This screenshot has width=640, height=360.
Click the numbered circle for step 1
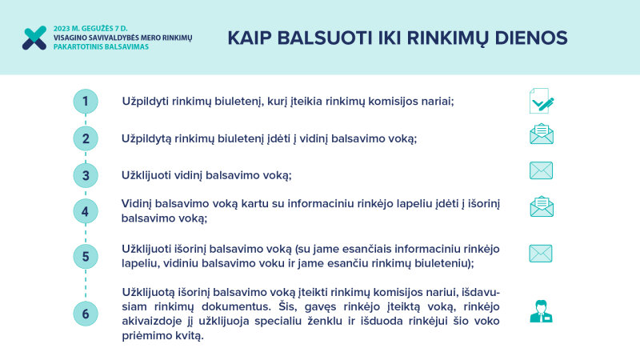tap(86, 102)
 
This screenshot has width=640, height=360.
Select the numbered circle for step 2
tap(86, 138)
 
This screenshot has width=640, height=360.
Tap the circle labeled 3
tap(86, 175)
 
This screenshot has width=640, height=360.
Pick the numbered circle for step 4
tap(86, 212)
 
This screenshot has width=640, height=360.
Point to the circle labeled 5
tap(86, 257)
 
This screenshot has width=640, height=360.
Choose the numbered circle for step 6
tap(86, 314)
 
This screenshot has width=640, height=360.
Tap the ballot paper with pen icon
tap(541, 101)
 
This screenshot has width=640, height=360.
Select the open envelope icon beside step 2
tap(542, 134)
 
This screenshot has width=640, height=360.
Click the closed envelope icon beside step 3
tap(541, 170)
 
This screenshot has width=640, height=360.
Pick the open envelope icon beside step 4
tap(542, 206)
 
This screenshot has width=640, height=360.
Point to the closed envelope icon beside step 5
tap(541, 254)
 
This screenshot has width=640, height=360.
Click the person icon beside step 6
tap(542, 310)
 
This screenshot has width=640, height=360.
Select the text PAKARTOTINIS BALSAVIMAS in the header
tap(101, 47)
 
